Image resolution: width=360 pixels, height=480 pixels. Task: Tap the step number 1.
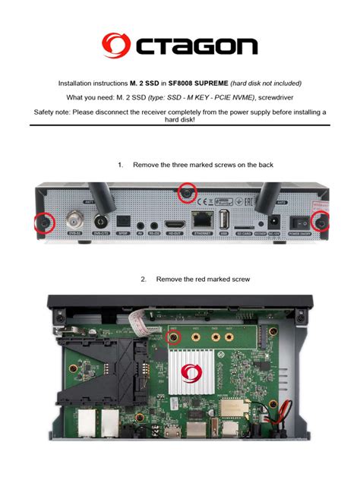tap(120, 165)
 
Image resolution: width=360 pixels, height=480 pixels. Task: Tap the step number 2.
tap(143, 279)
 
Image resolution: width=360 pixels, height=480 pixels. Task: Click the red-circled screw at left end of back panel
tap(43, 222)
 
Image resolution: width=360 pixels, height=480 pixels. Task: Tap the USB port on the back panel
tap(225, 219)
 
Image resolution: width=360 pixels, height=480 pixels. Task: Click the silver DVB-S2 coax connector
tap(76, 221)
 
